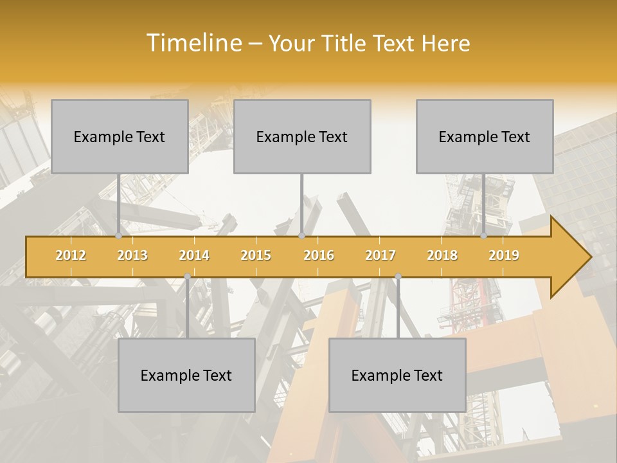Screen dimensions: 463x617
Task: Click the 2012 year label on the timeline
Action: [x=71, y=255]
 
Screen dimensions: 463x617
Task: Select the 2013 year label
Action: [x=132, y=255]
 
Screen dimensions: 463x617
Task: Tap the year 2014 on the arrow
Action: [x=194, y=255]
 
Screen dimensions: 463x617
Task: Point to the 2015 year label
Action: [x=256, y=255]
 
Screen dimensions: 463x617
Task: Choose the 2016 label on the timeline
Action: [x=319, y=255]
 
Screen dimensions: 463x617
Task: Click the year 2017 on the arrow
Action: [x=380, y=255]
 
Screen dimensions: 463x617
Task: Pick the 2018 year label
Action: [x=442, y=255]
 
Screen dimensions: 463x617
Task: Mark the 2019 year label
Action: [x=504, y=255]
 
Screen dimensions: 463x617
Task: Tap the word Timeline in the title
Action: [x=193, y=43]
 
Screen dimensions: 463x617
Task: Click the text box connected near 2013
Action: [x=120, y=136]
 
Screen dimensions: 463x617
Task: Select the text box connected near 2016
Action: [x=302, y=136]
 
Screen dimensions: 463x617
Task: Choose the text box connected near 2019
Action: [x=485, y=136]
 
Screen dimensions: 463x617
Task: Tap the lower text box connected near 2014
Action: [x=186, y=375]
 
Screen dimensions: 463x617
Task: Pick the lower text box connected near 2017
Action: [x=397, y=375]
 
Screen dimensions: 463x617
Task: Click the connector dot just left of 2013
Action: [x=118, y=236]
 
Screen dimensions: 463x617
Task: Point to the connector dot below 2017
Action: [x=398, y=277]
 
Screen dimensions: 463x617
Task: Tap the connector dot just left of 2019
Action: [x=483, y=236]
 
